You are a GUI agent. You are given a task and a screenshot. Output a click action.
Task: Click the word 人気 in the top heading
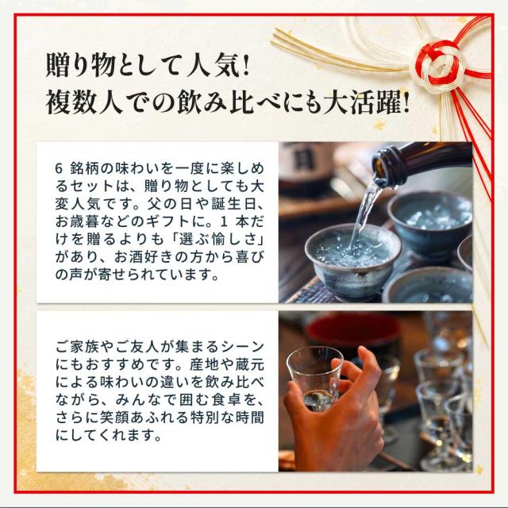point(210,65)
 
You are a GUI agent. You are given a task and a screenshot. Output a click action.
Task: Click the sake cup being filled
point(353,260)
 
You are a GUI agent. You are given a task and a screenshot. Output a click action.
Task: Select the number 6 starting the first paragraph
point(58,168)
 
